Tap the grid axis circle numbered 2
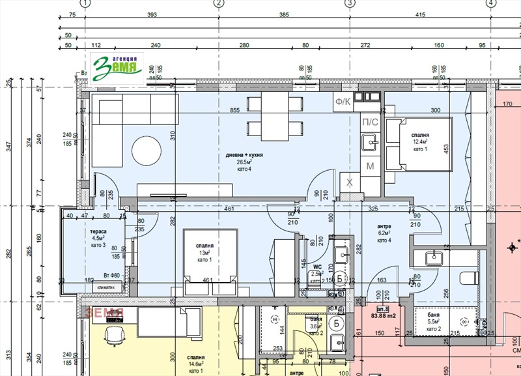[x=219, y=3]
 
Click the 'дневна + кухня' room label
[x=245, y=155]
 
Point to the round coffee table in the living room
[x=147, y=151]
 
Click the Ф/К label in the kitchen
[x=343, y=101]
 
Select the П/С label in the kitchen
[x=369, y=122]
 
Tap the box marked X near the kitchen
[x=349, y=182]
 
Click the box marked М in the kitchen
[x=370, y=167]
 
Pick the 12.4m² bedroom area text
[x=419, y=141]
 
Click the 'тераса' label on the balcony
[x=98, y=231]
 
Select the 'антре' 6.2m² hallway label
[x=384, y=233]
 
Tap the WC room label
[x=317, y=267]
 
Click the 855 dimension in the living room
[x=229, y=111]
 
